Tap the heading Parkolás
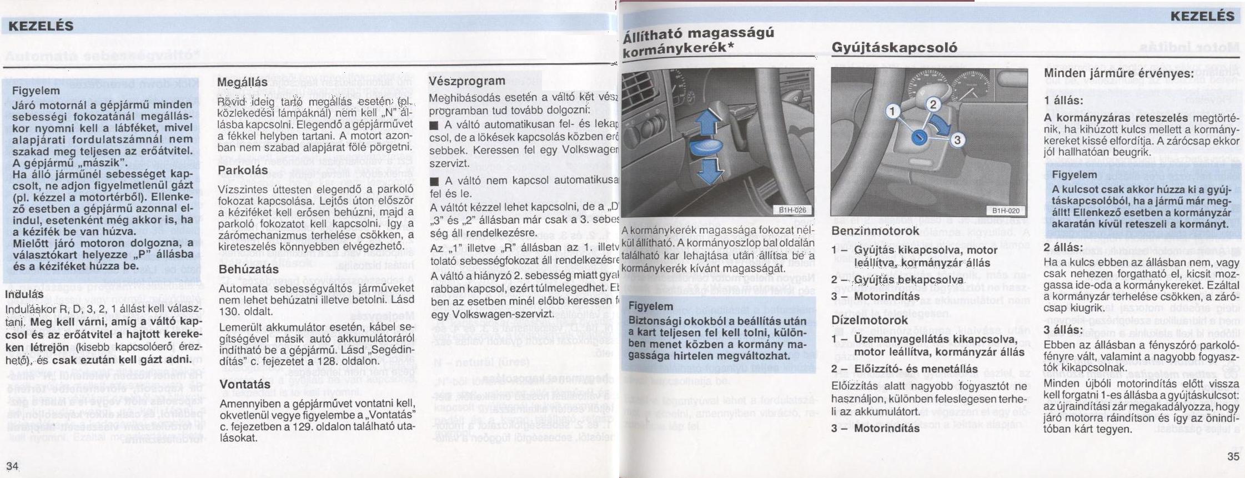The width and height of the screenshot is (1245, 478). (x=243, y=170)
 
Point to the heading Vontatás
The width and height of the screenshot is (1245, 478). (x=245, y=384)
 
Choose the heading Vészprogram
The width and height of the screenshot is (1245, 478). (x=467, y=81)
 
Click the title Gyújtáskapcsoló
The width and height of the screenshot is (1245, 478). (x=894, y=47)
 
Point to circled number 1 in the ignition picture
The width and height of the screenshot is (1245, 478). (x=892, y=112)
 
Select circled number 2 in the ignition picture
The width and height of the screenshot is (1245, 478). (x=932, y=104)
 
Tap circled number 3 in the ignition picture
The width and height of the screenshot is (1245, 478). (x=957, y=140)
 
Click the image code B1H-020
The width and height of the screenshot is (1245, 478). (x=1006, y=210)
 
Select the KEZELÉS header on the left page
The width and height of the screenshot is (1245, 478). (x=41, y=26)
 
